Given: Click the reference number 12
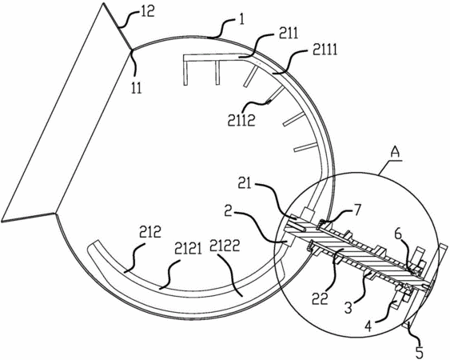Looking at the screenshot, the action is click(147, 12).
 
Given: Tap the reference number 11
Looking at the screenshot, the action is click(137, 88).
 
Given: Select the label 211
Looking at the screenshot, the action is click(289, 34).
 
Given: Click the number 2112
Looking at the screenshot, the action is click(241, 121).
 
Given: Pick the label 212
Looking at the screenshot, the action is click(150, 231).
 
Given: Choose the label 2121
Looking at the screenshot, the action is click(188, 250).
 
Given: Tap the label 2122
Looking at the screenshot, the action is click(225, 246).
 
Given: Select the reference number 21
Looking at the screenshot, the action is click(245, 183).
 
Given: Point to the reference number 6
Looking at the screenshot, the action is click(398, 234).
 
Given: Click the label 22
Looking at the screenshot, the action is click(321, 298).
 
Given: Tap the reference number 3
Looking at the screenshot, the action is click(348, 308).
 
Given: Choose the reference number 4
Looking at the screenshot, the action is click(369, 326).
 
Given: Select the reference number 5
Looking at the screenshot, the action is click(420, 351).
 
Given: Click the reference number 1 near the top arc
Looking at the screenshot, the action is click(241, 20).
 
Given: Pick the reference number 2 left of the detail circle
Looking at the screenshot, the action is click(228, 211).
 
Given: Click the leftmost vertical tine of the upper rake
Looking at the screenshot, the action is click(185, 70).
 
